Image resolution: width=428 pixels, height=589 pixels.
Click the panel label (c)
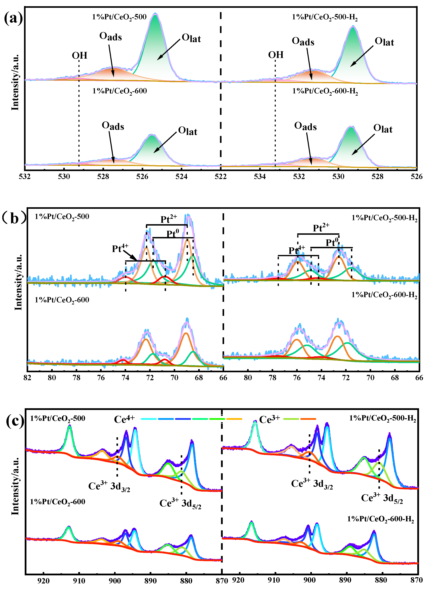coord(15,421)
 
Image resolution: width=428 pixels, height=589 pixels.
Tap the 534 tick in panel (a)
coord(260,177)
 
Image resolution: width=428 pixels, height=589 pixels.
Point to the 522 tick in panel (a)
coord(220,177)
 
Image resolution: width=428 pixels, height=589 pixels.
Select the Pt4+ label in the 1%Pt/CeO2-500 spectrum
coord(120,249)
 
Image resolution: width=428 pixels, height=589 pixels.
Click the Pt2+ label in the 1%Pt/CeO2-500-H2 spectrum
coord(321,228)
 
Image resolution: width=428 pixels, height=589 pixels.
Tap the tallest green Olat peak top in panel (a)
coord(155,14)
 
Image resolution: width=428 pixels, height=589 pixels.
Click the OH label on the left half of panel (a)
coord(79,56)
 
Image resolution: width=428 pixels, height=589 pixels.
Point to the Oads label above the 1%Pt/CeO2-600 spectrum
coord(113,126)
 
